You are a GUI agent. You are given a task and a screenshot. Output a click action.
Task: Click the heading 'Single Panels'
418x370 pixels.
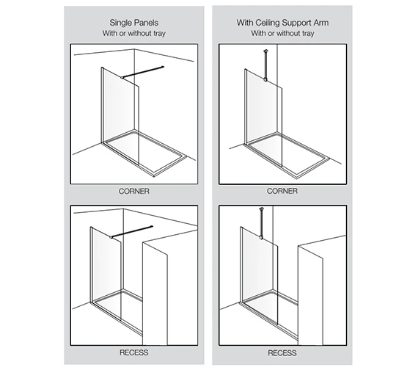click(x=134, y=23)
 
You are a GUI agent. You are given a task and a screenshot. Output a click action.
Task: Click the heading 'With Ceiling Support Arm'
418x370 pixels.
click(x=282, y=23)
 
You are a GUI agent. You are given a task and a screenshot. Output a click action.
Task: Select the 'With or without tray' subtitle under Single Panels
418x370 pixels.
click(x=134, y=34)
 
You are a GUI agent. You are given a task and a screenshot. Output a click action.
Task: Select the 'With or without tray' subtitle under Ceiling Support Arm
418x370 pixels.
click(x=282, y=34)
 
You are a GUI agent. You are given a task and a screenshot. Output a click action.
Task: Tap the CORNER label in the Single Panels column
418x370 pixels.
click(x=134, y=190)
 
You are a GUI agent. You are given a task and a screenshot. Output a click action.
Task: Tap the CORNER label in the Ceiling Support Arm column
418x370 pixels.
click(x=282, y=190)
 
